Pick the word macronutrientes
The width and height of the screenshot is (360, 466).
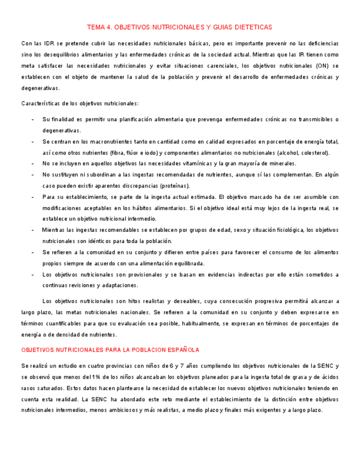pyautogui.click(x=93, y=142)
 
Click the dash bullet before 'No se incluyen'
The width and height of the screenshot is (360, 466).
pyautogui.click(x=32, y=164)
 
